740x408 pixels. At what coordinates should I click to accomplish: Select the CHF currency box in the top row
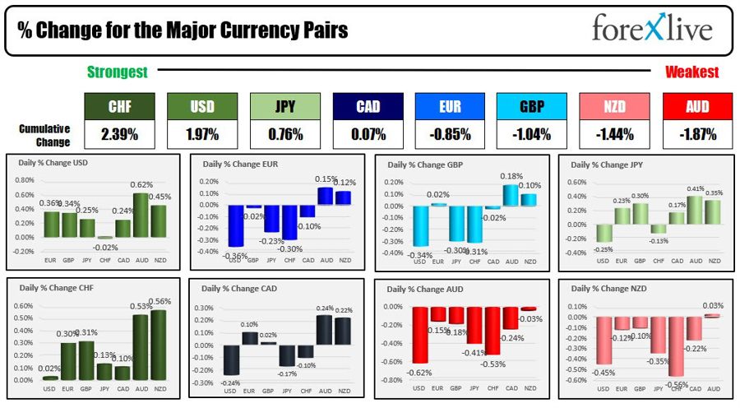click(120, 106)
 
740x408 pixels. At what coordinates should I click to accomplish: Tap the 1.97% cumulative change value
click(202, 134)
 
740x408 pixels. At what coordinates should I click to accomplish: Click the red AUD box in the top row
click(697, 106)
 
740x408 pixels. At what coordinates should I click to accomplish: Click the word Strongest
click(118, 72)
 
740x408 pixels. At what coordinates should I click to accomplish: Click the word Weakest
click(691, 72)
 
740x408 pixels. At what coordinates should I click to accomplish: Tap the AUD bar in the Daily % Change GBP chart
click(511, 195)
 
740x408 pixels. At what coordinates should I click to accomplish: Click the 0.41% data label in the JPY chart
click(696, 189)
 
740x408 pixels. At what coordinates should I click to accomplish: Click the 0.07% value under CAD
click(368, 134)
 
